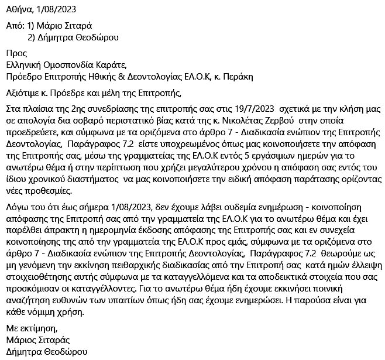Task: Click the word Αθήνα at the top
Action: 19,9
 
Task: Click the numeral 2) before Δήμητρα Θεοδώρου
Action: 33,37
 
